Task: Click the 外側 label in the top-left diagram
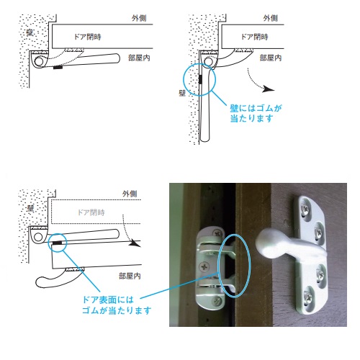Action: pyautogui.click(x=139, y=19)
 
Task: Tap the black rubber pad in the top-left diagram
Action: pyautogui.click(x=58, y=68)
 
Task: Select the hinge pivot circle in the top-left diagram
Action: pyautogui.click(x=39, y=61)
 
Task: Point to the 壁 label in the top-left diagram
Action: pyautogui.click(x=30, y=32)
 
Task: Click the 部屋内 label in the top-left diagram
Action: pyautogui.click(x=139, y=58)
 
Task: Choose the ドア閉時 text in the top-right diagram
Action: pyautogui.click(x=255, y=37)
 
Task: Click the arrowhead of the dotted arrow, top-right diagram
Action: pyautogui.click(x=269, y=89)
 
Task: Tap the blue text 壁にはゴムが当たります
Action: pyautogui.click(x=256, y=113)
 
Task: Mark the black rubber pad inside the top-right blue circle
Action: pyautogui.click(x=200, y=79)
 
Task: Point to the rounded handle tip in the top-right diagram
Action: pyautogui.click(x=204, y=138)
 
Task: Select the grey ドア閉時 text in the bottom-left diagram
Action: pyautogui.click(x=91, y=212)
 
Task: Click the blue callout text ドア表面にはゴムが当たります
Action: pyautogui.click(x=117, y=305)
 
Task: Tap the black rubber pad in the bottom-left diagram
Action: pyautogui.click(x=58, y=243)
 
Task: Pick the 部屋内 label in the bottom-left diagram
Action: pyautogui.click(x=130, y=276)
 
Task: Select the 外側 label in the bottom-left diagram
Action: pyautogui.click(x=130, y=194)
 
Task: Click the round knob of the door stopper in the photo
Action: pyautogui.click(x=267, y=243)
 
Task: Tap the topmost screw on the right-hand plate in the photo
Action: pyautogui.click(x=306, y=210)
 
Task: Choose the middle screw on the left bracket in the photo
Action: pyautogui.click(x=204, y=266)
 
